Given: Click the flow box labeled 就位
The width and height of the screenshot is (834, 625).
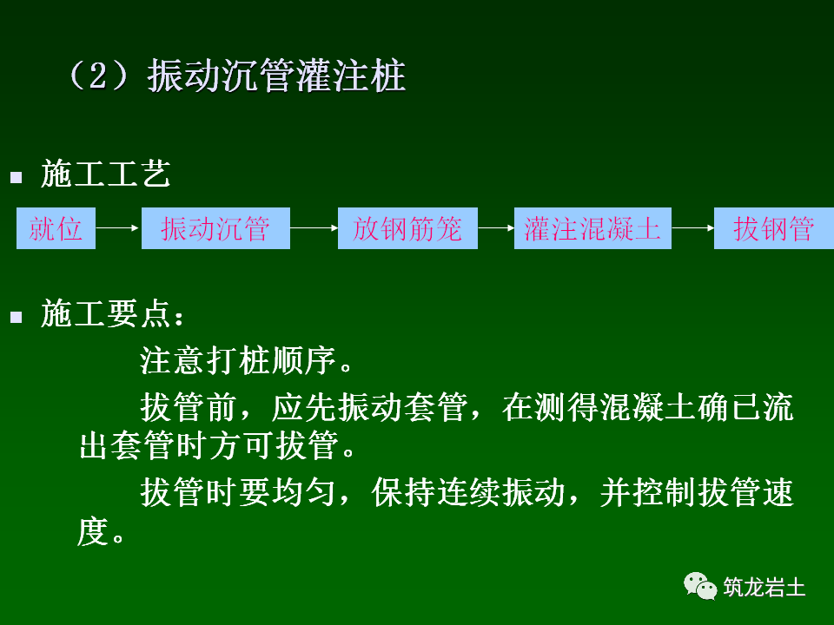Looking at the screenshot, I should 56,229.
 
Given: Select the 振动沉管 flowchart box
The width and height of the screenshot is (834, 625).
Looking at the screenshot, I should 215,229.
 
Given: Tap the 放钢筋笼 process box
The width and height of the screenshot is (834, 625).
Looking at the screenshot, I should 407,229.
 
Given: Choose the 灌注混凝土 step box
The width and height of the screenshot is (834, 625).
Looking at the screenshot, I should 592,229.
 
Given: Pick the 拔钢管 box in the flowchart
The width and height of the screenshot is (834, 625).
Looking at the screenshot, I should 773,229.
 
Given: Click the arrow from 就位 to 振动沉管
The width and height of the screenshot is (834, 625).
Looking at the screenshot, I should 118,229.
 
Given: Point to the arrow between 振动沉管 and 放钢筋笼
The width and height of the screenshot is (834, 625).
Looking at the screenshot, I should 314,229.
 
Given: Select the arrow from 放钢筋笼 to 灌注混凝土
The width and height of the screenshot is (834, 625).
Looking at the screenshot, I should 496,229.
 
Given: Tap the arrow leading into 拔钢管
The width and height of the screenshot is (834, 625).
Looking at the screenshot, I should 692,229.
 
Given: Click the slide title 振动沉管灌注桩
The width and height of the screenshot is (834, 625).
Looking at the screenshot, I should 276,77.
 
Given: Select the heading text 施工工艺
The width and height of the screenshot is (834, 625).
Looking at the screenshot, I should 105,175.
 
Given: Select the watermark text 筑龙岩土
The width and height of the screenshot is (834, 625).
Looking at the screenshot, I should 764,588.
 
